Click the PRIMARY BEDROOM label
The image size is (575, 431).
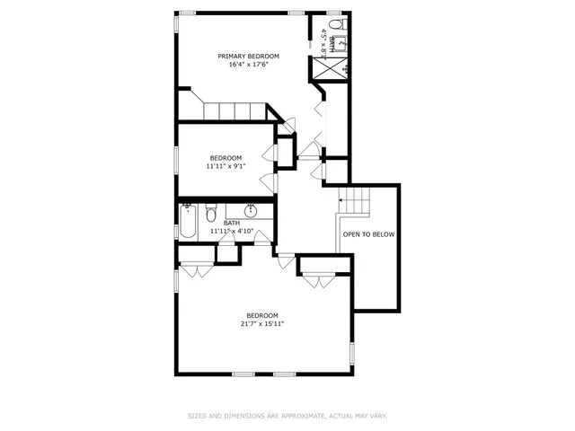point(249,56)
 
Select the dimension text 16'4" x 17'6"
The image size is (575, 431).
point(249,64)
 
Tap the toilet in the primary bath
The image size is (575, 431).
point(334,24)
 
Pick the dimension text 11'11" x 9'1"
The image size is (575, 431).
point(226,166)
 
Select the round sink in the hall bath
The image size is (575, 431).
point(252,211)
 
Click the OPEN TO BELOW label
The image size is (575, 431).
point(368,234)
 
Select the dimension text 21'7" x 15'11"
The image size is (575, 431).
point(262,323)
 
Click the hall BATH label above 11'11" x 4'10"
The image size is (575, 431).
point(232,224)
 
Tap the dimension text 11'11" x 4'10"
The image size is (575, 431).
point(232,232)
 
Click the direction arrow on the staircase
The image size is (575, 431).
point(342,199)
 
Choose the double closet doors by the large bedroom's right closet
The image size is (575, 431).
point(316,281)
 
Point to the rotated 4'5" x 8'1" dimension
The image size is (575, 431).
point(323,43)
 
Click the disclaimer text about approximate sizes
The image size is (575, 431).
point(287,416)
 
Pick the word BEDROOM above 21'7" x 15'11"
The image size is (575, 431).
point(262,315)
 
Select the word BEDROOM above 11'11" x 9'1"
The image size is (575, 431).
point(226,158)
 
